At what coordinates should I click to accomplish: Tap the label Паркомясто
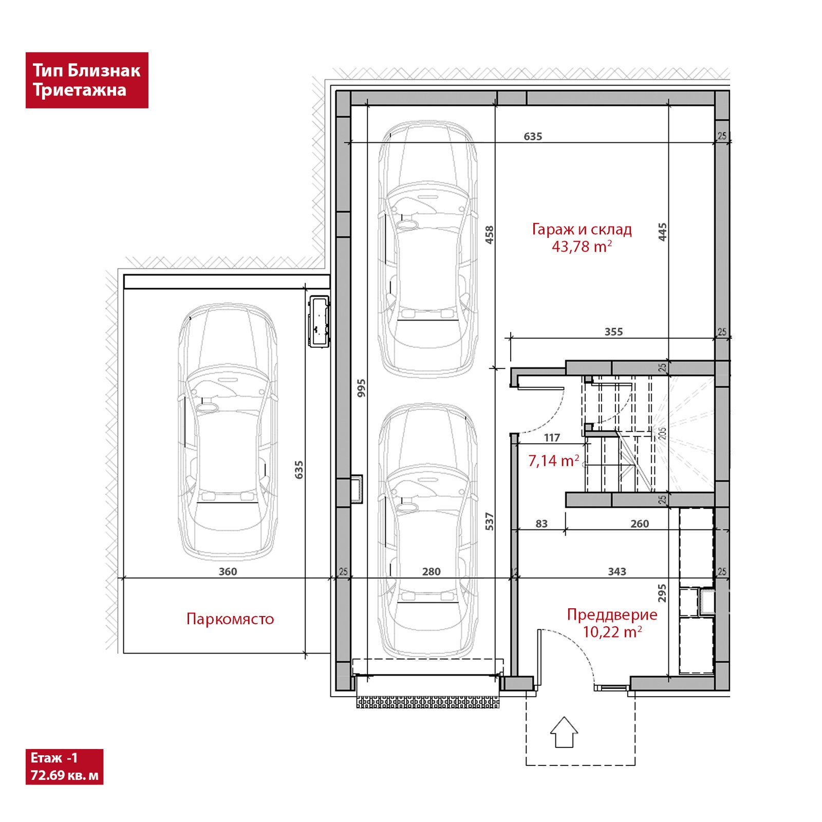(230, 619)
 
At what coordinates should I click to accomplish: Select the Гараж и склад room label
(582, 229)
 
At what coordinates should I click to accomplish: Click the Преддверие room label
(612, 614)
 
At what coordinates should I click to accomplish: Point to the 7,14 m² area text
(554, 460)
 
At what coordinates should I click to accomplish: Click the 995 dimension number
(361, 388)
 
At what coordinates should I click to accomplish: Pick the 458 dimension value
(490, 235)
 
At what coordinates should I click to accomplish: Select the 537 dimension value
(490, 521)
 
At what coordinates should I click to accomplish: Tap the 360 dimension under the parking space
(228, 572)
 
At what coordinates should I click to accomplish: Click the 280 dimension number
(432, 572)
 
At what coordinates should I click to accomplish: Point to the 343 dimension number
(617, 572)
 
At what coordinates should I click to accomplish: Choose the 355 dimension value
(613, 332)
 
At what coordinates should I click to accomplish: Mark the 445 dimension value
(663, 232)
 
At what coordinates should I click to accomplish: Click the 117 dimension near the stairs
(552, 438)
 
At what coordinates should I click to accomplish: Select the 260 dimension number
(640, 524)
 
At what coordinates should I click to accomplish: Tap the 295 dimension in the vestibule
(662, 593)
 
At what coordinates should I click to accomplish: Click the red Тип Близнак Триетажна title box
(87, 80)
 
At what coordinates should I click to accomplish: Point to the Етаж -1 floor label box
(64, 767)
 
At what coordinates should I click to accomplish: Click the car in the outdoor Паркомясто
(228, 432)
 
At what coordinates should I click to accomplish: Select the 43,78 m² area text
(582, 247)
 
